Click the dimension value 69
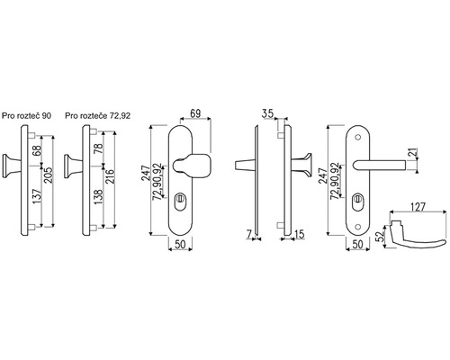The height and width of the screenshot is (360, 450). tap(195, 113)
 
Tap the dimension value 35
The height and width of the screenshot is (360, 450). tap(267, 113)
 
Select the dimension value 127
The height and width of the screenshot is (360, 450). tap(418, 207)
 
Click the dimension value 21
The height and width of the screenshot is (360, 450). tap(414, 152)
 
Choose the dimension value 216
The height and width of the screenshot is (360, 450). tap(110, 177)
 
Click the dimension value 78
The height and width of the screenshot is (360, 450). tap(98, 148)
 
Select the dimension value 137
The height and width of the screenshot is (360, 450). tap(37, 196)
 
